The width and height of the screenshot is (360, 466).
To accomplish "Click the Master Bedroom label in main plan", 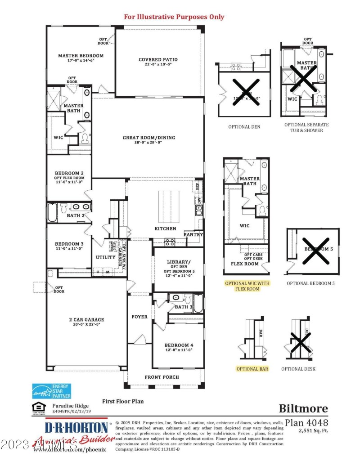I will pyautogui.click(x=81, y=56).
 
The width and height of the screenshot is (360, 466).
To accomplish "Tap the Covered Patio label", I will pyautogui.click(x=158, y=59).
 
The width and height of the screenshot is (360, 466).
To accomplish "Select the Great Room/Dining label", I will pyautogui.click(x=149, y=138).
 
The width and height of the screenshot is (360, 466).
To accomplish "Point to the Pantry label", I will pyautogui.click(x=193, y=235).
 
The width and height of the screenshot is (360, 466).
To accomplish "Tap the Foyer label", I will pyautogui.click(x=139, y=317).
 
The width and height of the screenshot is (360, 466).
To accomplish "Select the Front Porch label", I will pyautogui.click(x=162, y=377).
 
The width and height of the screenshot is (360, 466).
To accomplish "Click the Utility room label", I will pyautogui.click(x=106, y=257).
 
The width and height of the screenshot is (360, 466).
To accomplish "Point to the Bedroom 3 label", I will pyautogui.click(x=69, y=244).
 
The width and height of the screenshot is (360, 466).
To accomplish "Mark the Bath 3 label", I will pyautogui.click(x=184, y=307).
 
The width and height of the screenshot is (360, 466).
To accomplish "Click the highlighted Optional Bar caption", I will pyautogui.click(x=252, y=369).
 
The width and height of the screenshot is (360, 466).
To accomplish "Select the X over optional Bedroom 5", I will pyautogui.click(x=316, y=251).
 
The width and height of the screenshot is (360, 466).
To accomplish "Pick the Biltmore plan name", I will pyautogui.click(x=303, y=408).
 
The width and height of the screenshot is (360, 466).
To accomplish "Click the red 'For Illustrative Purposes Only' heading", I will pyautogui.click(x=174, y=17).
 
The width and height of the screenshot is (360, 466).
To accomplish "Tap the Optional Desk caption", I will pyautogui.click(x=298, y=369).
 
